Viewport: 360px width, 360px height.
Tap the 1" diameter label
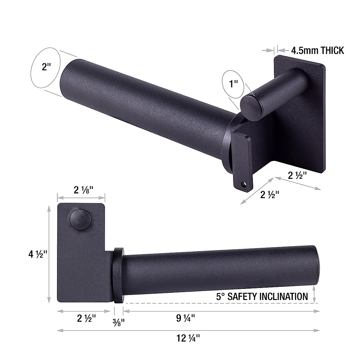tap(233, 84)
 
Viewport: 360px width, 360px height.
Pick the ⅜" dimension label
tap(118, 322)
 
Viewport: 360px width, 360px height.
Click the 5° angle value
tap(220, 296)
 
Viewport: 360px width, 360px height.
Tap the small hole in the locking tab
tap(243, 183)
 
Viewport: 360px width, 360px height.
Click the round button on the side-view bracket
tap(80, 219)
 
